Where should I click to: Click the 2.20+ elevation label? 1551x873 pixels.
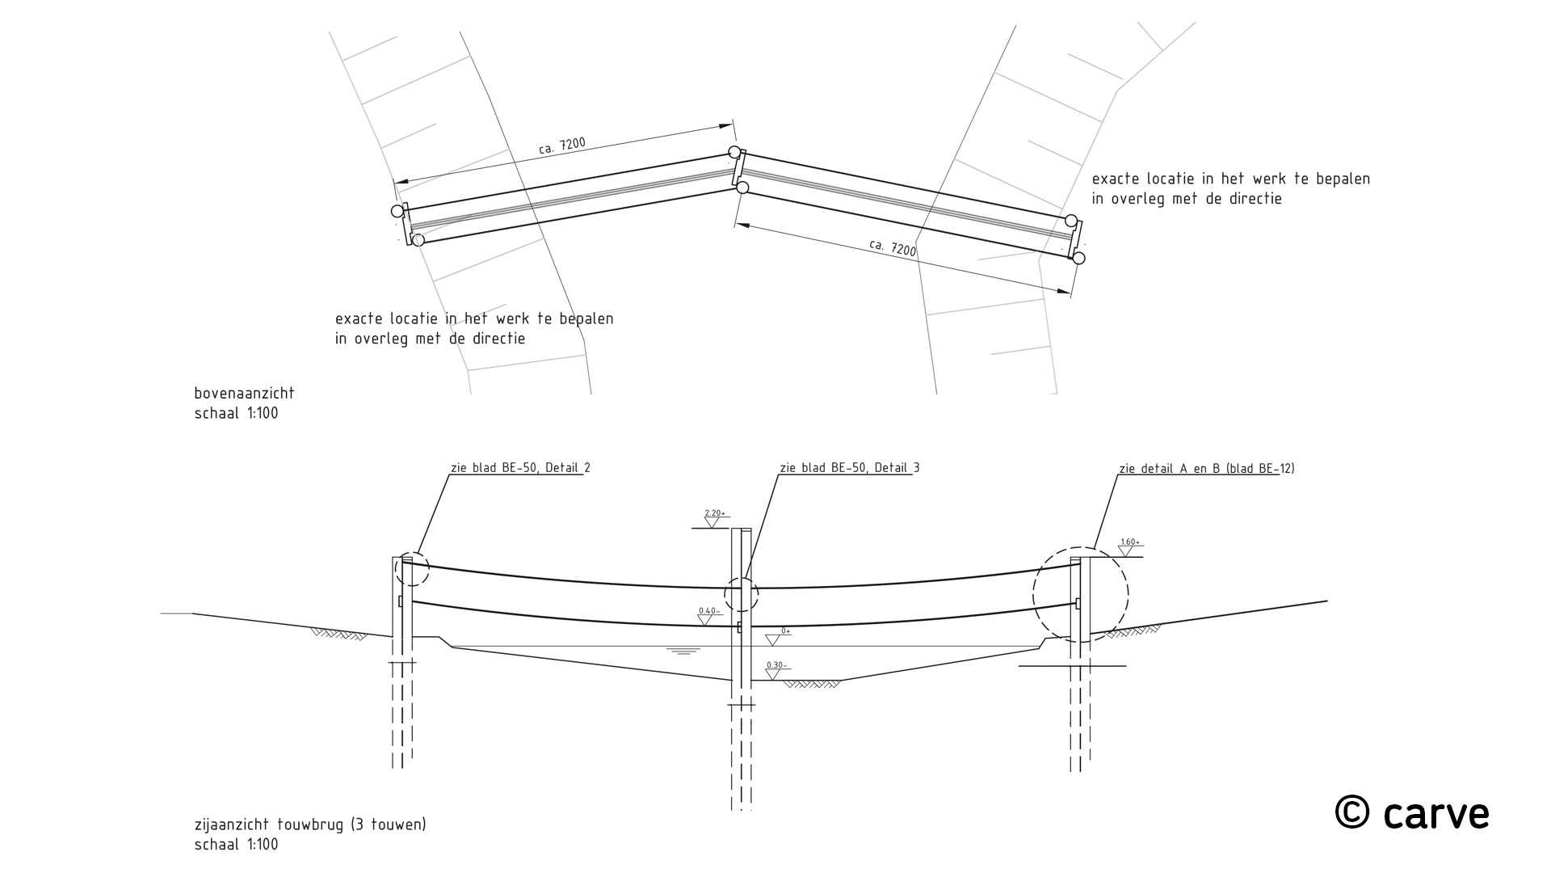(716, 513)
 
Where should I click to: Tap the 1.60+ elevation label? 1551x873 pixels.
(1129, 542)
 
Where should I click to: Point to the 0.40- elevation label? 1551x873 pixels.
(708, 611)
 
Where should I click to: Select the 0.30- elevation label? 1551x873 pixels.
(775, 666)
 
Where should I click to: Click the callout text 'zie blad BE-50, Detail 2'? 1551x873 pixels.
(520, 468)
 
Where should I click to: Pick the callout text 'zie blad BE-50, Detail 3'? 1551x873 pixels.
(849, 468)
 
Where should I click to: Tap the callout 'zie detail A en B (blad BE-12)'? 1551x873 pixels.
(1207, 468)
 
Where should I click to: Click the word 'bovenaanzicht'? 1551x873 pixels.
(244, 394)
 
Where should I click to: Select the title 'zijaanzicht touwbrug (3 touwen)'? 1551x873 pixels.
(310, 825)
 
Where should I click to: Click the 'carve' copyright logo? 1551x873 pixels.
(1412, 813)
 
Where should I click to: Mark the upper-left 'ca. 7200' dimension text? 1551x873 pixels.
(561, 145)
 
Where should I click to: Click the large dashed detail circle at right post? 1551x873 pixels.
(1081, 594)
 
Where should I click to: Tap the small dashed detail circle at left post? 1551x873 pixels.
(412, 569)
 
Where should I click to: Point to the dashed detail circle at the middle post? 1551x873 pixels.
(742, 596)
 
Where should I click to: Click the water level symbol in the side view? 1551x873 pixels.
(683, 650)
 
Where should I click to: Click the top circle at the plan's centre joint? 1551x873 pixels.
(733, 152)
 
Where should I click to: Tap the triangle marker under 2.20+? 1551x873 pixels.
(712, 522)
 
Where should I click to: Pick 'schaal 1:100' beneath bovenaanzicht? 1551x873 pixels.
(236, 414)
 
